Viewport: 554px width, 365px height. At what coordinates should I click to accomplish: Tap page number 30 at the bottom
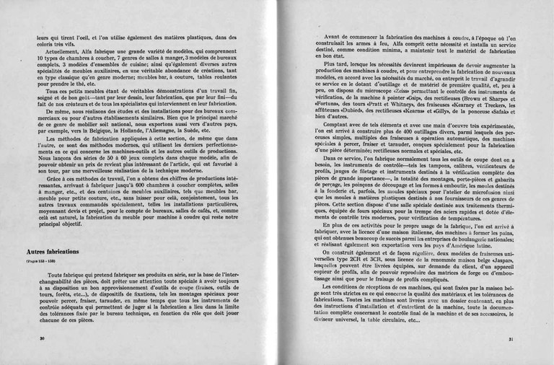[42, 338]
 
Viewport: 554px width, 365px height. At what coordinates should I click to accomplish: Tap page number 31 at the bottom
[511, 338]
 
